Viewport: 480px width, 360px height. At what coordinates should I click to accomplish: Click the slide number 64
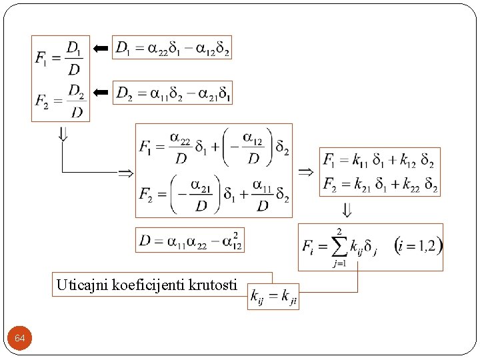coord(20,339)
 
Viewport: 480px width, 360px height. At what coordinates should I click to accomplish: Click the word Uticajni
coord(77,285)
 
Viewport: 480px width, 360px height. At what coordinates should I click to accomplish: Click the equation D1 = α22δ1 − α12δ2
coord(173,48)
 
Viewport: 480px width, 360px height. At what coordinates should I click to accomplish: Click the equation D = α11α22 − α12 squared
coord(190,240)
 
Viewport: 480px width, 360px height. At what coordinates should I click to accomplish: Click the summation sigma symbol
coord(340,248)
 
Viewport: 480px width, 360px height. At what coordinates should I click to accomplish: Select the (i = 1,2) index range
coord(417,245)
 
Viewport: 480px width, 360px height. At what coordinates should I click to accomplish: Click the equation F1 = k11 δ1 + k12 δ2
coord(379,161)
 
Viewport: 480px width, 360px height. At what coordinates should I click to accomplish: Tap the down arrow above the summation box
coord(346,211)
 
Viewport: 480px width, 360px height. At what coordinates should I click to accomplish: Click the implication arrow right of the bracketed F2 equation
coord(305,171)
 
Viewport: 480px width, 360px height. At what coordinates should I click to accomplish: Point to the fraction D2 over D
coord(76,101)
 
